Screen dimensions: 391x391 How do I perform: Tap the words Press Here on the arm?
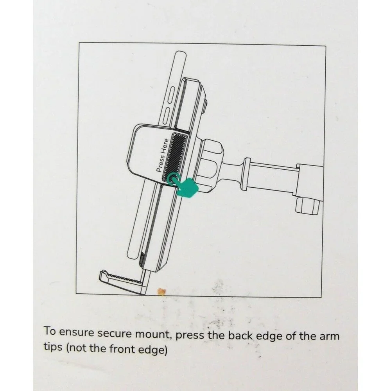[x=162, y=155]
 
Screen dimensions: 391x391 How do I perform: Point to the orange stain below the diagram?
[x=161, y=292]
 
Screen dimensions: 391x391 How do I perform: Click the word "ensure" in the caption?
[x=76, y=332]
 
